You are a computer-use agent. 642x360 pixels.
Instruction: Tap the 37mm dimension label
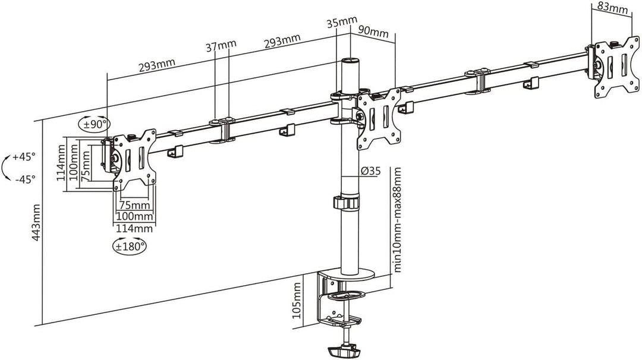click(x=219, y=46)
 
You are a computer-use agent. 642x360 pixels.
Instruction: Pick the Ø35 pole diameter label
click(x=370, y=172)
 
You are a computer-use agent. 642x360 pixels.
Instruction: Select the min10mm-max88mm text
click(x=398, y=219)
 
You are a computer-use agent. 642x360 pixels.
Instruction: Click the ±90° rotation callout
click(x=94, y=124)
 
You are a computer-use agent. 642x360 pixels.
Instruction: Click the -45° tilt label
click(x=24, y=178)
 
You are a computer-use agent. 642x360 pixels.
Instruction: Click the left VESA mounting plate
click(x=134, y=160)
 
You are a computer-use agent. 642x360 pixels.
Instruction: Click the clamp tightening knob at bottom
click(x=341, y=348)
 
